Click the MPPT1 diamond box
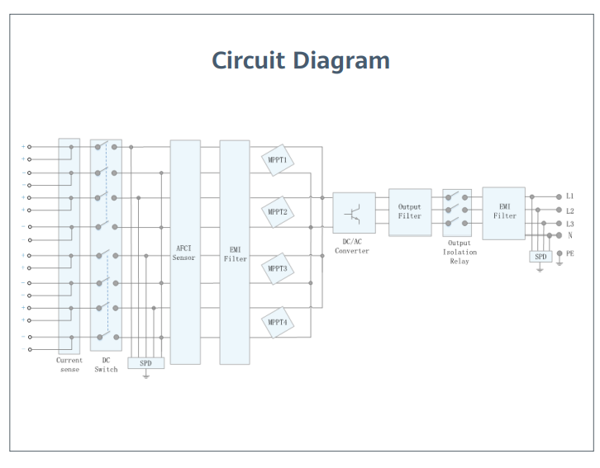pyautogui.click(x=278, y=160)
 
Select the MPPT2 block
pyautogui.click(x=278, y=212)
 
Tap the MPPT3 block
pyautogui.click(x=278, y=268)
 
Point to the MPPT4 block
pyautogui.click(x=278, y=323)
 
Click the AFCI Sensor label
pyautogui.click(x=183, y=253)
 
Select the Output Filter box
pyautogui.click(x=410, y=212)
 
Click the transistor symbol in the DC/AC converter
pyautogui.click(x=353, y=214)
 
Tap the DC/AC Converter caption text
pyautogui.click(x=352, y=247)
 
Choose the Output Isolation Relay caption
pyautogui.click(x=460, y=252)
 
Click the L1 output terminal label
pyautogui.click(x=569, y=196)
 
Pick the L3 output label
pyautogui.click(x=569, y=224)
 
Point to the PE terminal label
pyautogui.click(x=569, y=253)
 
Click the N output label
pyautogui.click(x=569, y=235)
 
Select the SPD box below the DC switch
pyautogui.click(x=145, y=363)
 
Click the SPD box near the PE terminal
pyautogui.click(x=540, y=257)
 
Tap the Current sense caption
pyautogui.click(x=69, y=365)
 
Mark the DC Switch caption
pyautogui.click(x=106, y=365)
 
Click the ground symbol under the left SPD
pyautogui.click(x=145, y=376)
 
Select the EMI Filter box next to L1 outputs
pyautogui.click(x=503, y=213)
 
